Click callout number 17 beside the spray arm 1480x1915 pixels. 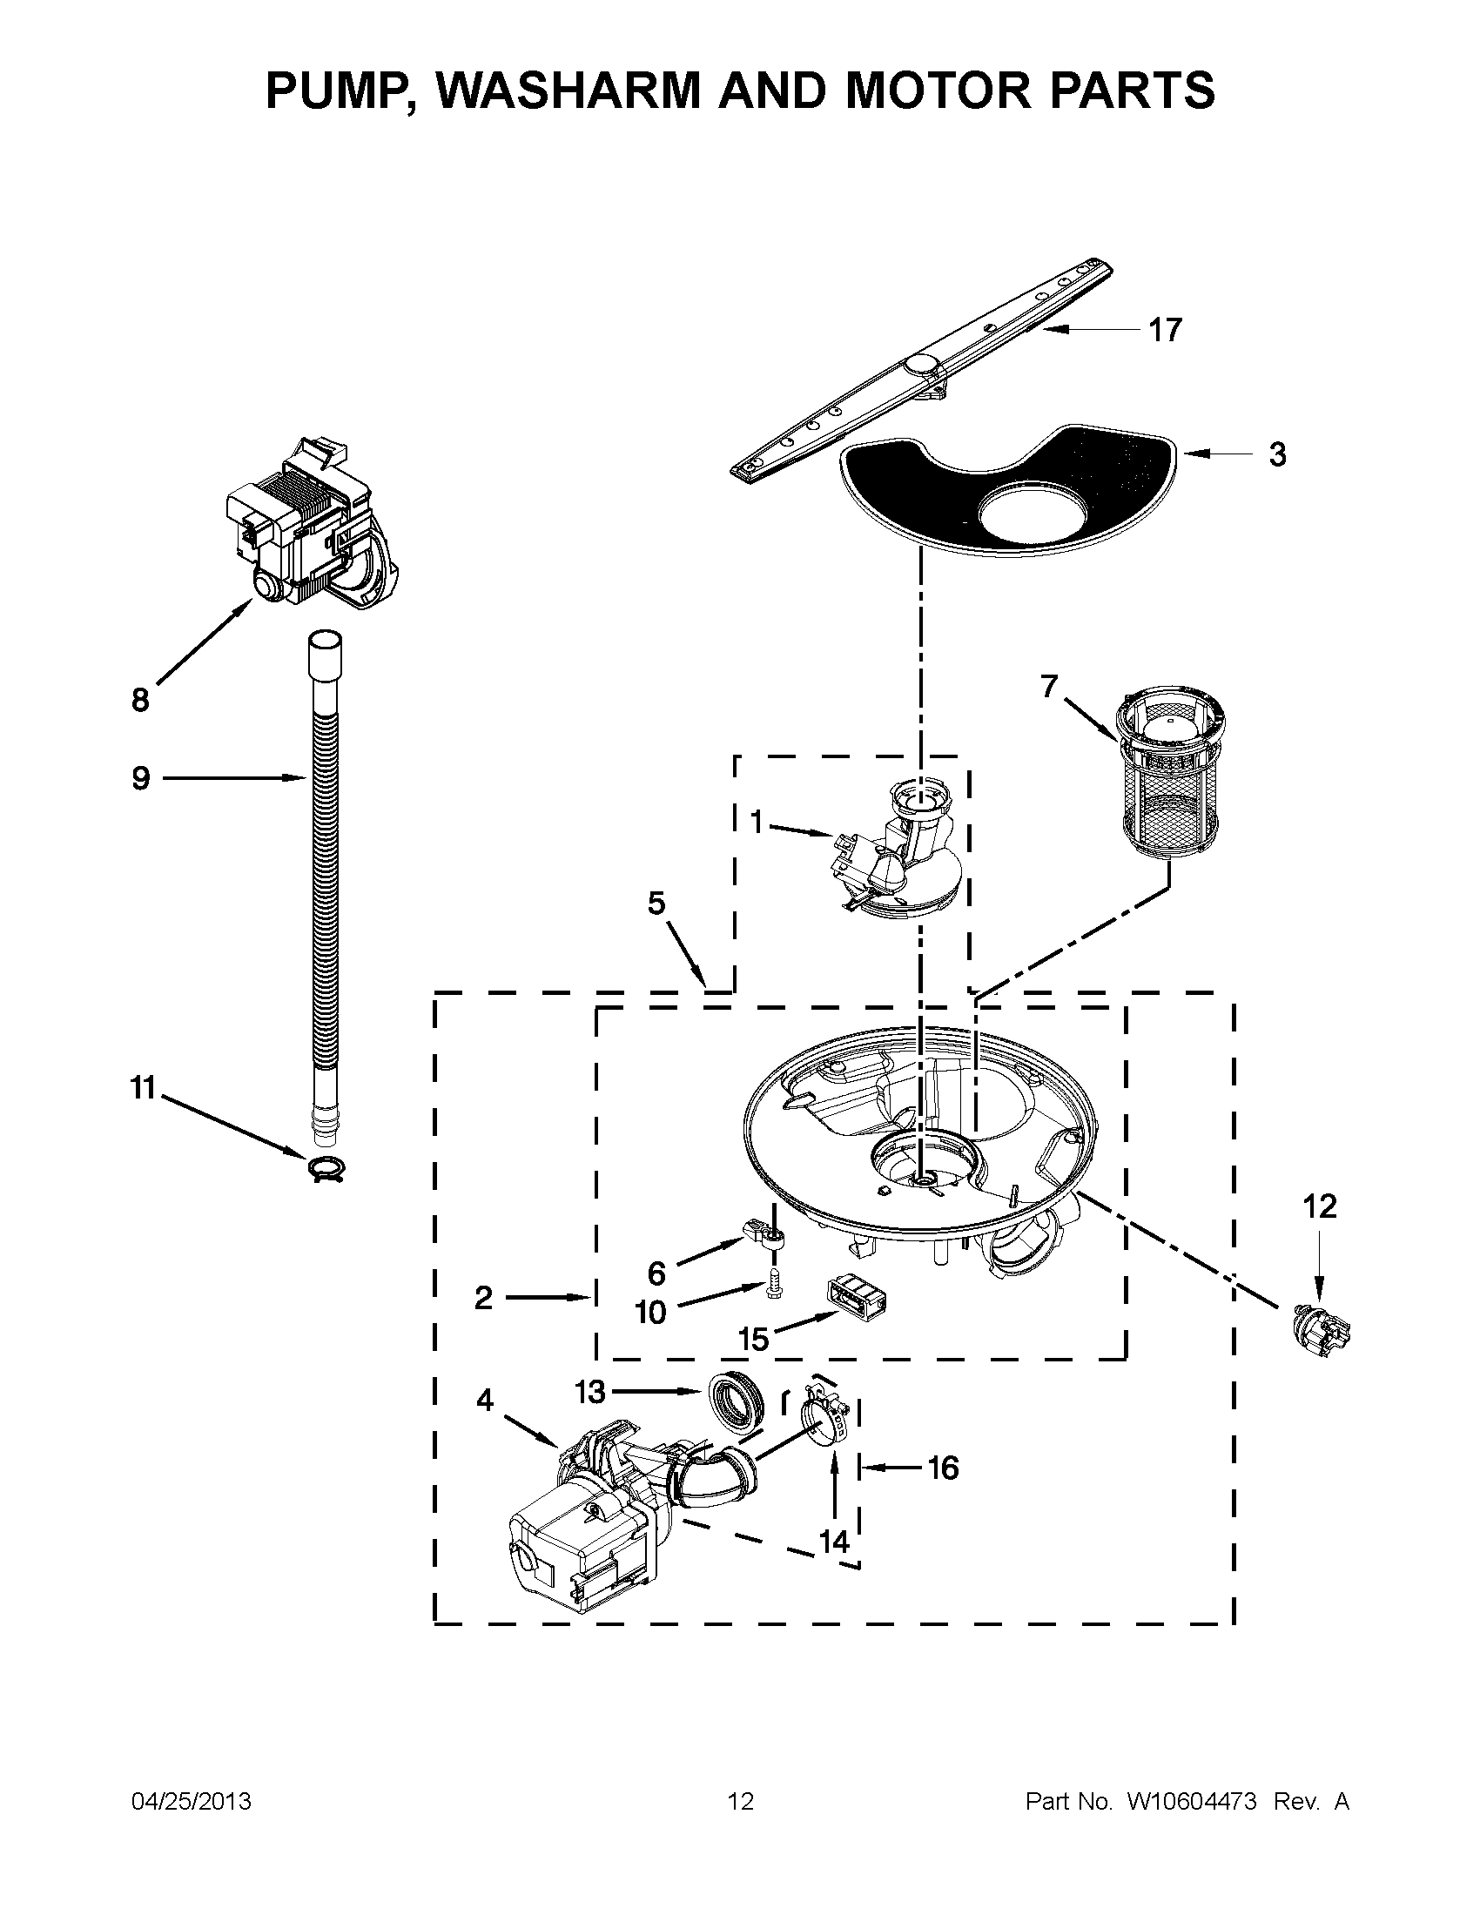[1165, 331]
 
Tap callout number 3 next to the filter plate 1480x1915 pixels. [1277, 455]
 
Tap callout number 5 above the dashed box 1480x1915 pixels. [656, 904]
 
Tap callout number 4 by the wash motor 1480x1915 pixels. [485, 1401]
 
